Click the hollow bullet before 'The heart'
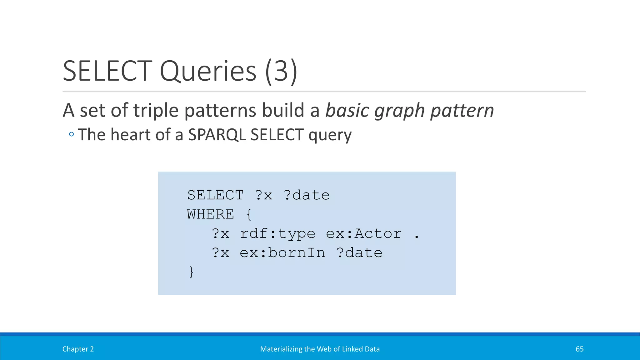coord(72,135)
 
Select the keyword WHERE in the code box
coord(210,214)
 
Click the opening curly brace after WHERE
coord(249,214)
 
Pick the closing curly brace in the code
coord(191,272)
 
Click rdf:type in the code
coord(277,234)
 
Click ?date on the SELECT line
coord(307,195)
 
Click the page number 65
coord(579,349)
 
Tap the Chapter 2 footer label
coord(78,349)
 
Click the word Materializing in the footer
coord(281,349)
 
